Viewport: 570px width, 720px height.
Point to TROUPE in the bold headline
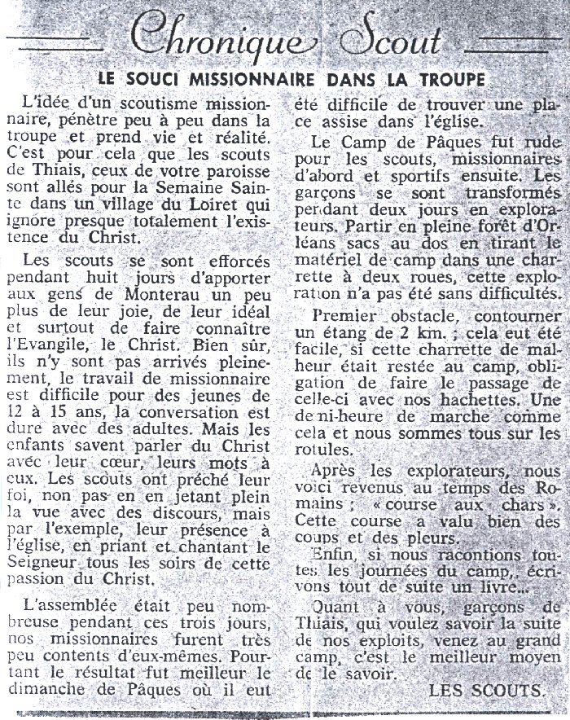(444, 79)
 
